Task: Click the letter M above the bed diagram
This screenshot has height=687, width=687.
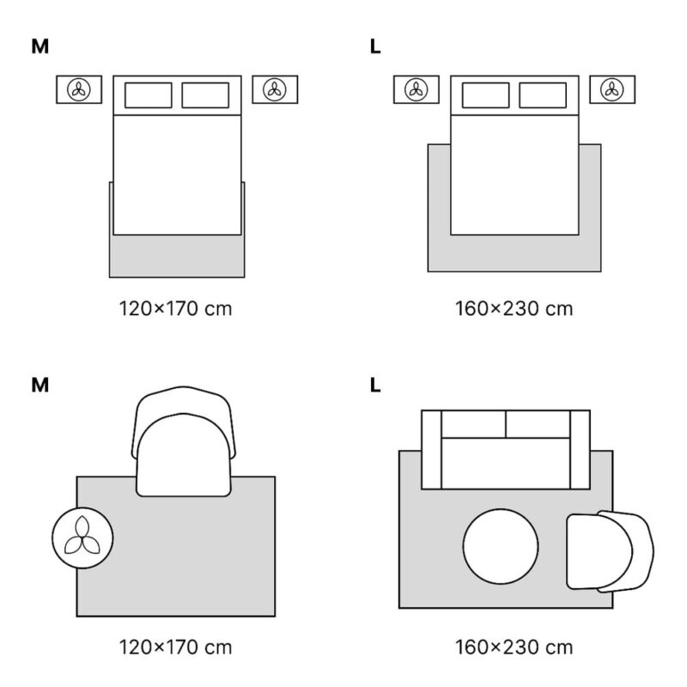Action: point(40,46)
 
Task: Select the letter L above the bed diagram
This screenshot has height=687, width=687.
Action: point(375,46)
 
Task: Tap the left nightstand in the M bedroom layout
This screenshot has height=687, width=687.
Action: point(79,89)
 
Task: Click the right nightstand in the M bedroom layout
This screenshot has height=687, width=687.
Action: point(275,89)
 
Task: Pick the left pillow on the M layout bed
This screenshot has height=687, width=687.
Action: point(149,95)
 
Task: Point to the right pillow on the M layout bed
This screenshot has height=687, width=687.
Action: point(205,95)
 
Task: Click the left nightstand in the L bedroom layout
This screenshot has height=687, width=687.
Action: point(416,89)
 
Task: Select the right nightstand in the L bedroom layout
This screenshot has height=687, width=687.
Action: point(611,89)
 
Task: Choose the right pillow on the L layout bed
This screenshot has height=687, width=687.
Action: point(543,95)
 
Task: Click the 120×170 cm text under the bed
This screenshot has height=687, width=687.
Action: point(176,308)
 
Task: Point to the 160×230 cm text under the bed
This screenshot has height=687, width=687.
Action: point(514,308)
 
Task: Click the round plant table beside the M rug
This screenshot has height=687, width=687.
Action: point(82,539)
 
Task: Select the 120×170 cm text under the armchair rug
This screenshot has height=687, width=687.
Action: point(176,647)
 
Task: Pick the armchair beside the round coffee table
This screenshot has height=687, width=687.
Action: point(608,550)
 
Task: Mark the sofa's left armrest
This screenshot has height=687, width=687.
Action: point(430,449)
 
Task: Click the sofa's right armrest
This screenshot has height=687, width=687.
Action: point(580,449)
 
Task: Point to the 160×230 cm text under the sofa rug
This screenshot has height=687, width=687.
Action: point(514,647)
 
